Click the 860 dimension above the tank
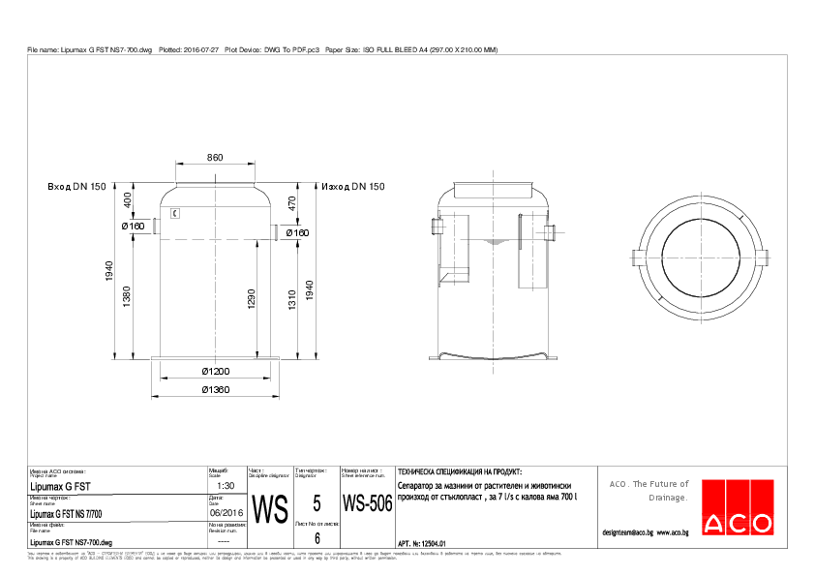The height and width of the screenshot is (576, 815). coord(215,157)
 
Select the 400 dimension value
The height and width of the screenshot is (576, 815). coord(127,200)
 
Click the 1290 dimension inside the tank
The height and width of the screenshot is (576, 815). coord(252,299)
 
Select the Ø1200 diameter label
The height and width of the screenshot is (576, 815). coord(215,372)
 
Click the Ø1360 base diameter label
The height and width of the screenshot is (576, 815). coord(215,389)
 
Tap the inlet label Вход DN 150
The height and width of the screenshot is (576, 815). coord(76,186)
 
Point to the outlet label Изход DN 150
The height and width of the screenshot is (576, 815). coord(353,186)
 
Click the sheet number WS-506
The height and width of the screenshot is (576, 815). coord(367,504)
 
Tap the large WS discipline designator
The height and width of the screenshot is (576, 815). coord(269,509)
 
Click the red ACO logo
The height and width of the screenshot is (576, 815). coord(738,506)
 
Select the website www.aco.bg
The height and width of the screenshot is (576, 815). coord(673,532)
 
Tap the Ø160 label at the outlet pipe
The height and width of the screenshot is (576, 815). coord(297,233)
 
